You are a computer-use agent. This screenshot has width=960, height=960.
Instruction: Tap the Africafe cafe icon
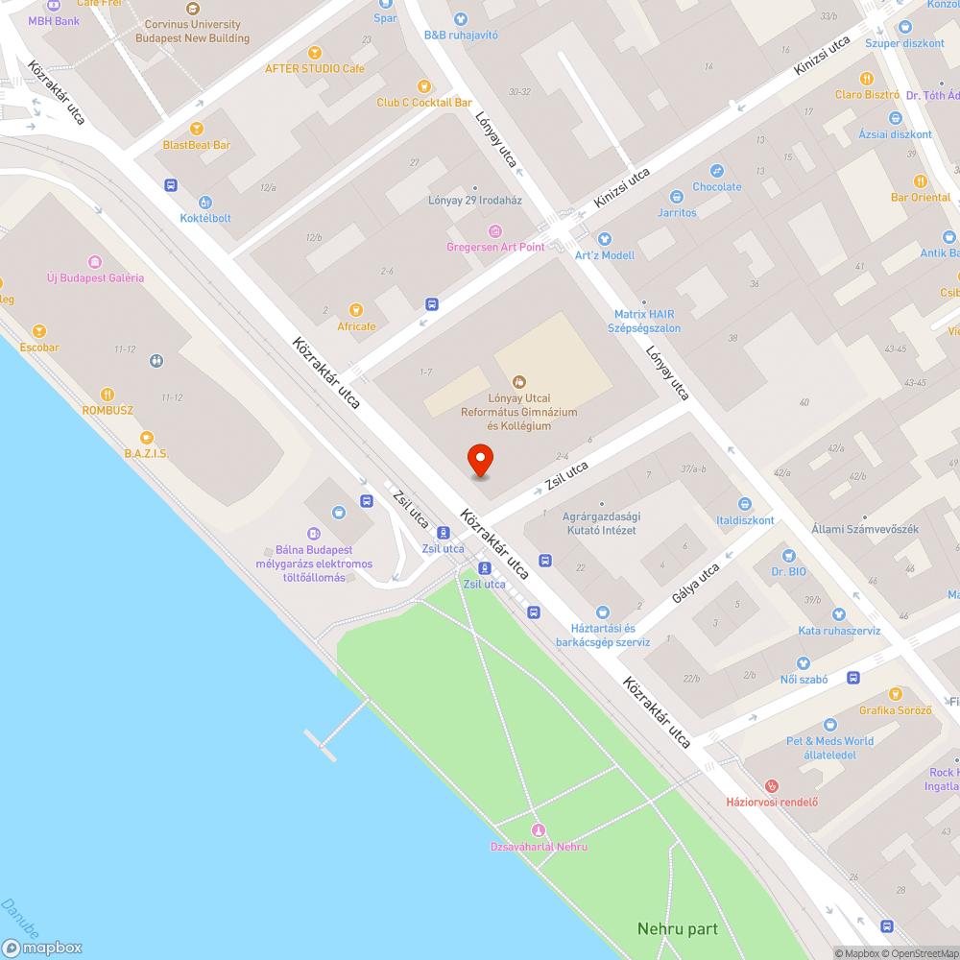pos(356,310)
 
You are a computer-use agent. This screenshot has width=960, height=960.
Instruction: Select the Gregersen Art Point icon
pos(495,231)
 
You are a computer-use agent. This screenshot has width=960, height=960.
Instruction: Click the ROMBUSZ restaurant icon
pos(108,394)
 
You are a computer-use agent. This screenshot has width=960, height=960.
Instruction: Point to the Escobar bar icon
pos(39,331)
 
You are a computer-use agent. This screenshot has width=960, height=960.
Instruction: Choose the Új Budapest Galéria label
pos(95,277)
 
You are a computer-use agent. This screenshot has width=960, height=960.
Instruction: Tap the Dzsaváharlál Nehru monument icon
pos(539,830)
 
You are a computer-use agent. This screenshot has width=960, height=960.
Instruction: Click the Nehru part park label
pos(678,928)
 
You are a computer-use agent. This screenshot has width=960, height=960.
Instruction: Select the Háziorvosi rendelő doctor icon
pos(772,786)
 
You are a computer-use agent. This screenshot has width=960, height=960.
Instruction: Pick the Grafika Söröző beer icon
pos(895,694)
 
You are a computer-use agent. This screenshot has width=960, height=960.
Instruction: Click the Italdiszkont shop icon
pos(744,504)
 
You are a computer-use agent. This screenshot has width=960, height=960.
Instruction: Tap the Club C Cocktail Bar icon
pos(423,86)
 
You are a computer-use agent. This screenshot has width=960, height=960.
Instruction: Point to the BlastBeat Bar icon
pos(197,129)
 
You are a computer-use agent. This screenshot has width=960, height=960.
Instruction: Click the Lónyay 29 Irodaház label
pos(474,201)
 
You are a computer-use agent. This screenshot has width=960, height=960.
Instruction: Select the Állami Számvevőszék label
pos(865,529)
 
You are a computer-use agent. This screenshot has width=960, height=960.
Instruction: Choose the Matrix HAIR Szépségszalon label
pos(647,321)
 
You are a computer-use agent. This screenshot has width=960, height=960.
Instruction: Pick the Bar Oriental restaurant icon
pos(921,181)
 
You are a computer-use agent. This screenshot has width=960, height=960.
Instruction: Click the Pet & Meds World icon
pos(830,725)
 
